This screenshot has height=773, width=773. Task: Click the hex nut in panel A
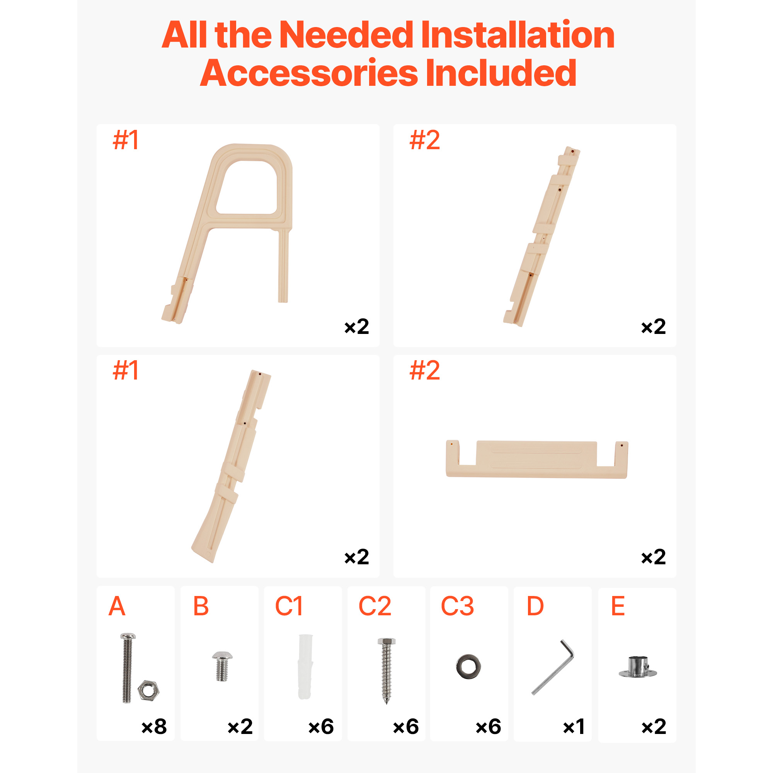(148, 690)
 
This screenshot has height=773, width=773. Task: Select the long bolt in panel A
(128, 668)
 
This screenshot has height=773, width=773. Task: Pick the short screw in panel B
(222, 666)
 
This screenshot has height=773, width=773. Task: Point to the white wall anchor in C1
(305, 667)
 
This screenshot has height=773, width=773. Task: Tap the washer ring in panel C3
(468, 667)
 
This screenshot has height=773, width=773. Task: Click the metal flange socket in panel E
(638, 667)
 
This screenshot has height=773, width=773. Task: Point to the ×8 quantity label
(154, 726)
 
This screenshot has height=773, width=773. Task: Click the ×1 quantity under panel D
(574, 726)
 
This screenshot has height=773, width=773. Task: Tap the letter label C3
(457, 606)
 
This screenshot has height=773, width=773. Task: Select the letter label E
(618, 606)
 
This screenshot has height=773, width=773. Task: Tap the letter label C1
(289, 606)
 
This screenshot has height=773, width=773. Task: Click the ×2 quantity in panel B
(240, 726)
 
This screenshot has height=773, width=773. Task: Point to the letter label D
(535, 606)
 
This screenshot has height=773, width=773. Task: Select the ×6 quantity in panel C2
(406, 726)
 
